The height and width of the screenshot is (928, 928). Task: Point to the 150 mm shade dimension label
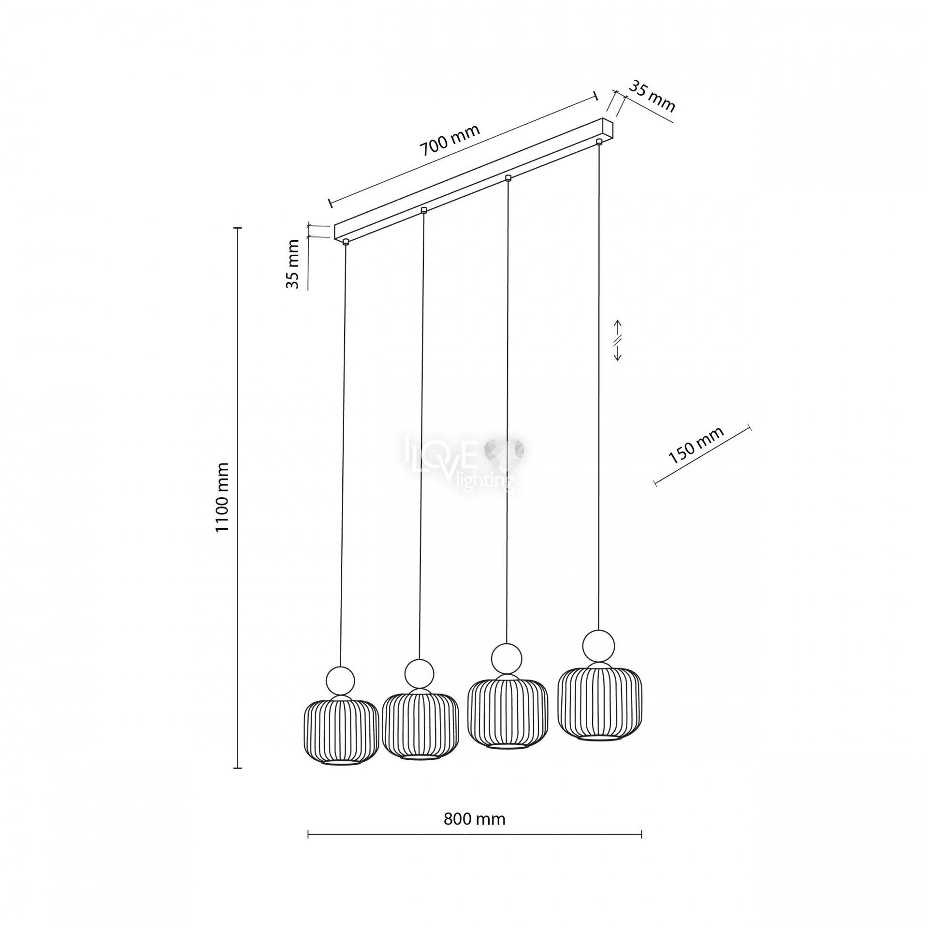pos(696,445)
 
